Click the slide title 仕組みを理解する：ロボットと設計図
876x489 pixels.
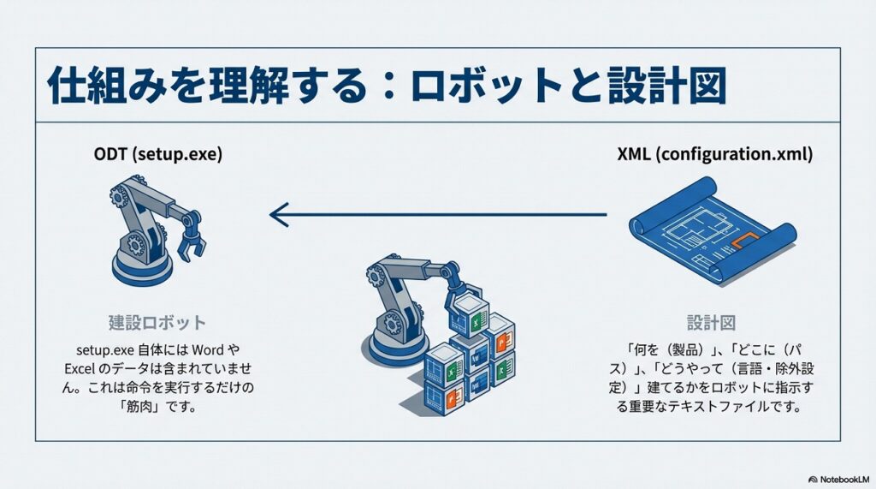[x=386, y=86]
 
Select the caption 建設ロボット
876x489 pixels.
[x=157, y=323]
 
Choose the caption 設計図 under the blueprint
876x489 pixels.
[x=712, y=323]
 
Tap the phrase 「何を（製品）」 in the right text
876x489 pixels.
[x=667, y=349]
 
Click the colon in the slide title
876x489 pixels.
[x=382, y=86]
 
